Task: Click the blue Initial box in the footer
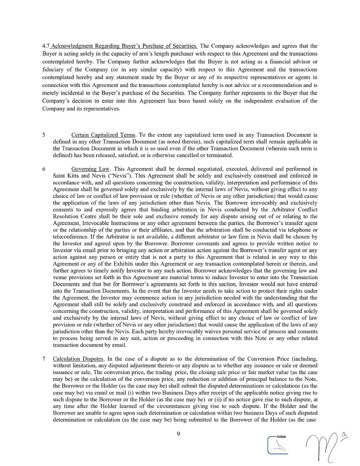278,444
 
